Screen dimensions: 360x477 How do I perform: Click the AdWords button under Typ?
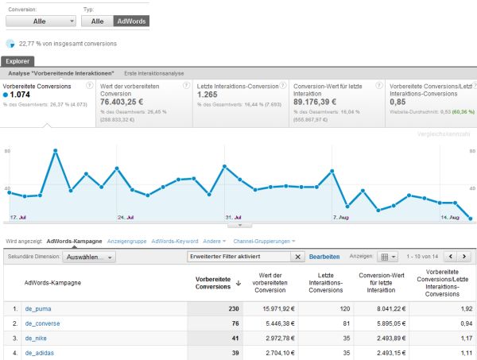point(131,21)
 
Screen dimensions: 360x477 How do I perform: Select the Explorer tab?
point(18,60)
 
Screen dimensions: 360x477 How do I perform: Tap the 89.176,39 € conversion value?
point(321,102)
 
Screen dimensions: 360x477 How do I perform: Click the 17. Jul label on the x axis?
point(20,216)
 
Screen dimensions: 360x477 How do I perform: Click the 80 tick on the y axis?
point(6,149)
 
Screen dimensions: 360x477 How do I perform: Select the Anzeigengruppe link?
point(126,241)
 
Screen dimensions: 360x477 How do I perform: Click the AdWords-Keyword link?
point(174,241)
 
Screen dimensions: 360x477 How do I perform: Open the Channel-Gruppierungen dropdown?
point(263,241)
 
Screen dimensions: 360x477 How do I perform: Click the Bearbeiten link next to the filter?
point(324,257)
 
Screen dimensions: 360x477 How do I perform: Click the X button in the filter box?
point(298,257)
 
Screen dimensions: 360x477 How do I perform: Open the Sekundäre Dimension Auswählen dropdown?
point(90,257)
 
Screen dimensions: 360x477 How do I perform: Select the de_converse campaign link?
point(43,323)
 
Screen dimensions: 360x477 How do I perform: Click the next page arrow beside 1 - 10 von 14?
point(464,257)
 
